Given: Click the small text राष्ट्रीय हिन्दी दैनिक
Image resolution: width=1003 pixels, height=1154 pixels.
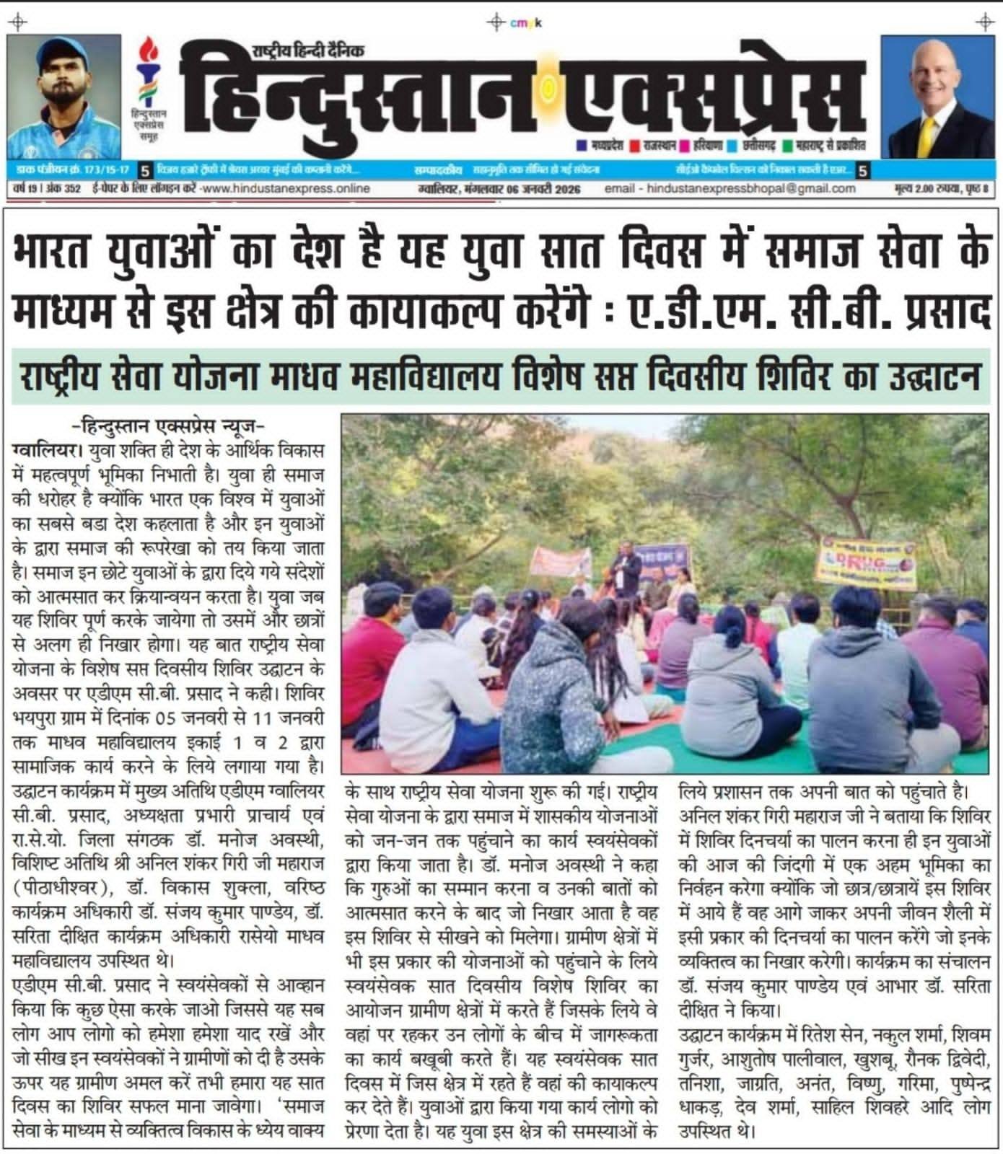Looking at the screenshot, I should (308, 50).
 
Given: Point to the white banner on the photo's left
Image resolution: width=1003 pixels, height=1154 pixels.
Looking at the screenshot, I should (560, 561).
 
